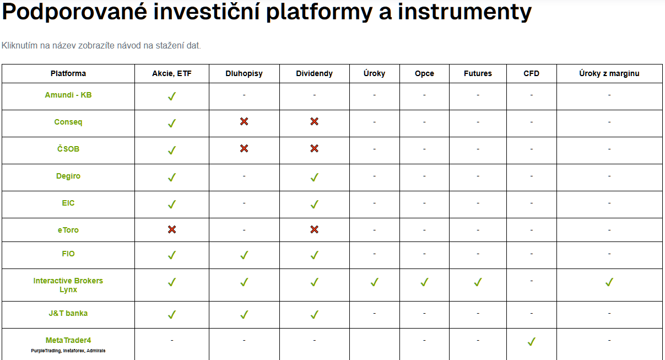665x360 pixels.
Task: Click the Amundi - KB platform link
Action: (68, 95)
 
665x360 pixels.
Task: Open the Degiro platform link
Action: (68, 176)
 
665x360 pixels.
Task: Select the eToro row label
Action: (68, 230)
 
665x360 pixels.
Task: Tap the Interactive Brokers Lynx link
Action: (68, 285)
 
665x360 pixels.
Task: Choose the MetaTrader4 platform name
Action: (68, 340)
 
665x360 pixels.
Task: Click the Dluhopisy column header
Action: (244, 74)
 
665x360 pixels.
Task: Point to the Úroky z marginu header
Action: (609, 74)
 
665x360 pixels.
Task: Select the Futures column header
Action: (478, 74)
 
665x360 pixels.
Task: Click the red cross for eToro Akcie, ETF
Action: (172, 229)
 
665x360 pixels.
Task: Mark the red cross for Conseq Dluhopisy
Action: (244, 121)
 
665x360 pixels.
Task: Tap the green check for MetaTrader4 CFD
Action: (532, 342)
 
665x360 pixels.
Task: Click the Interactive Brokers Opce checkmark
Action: (424, 282)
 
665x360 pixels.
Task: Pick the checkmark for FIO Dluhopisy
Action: (244, 255)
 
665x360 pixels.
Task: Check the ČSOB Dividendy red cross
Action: (315, 148)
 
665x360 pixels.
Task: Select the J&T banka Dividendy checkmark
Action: (315, 315)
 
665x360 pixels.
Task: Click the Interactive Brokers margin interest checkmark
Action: (609, 282)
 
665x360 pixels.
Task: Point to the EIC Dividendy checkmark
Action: (315, 205)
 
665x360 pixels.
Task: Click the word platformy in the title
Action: (319, 13)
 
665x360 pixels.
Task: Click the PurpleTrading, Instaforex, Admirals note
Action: (68, 351)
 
